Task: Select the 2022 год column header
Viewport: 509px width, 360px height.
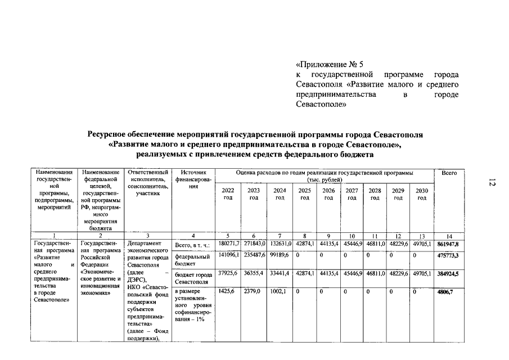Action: (x=228, y=194)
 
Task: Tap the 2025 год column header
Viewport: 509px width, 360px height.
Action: (x=304, y=194)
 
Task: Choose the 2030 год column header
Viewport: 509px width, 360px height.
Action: (x=421, y=194)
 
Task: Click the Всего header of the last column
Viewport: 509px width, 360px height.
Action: (x=449, y=173)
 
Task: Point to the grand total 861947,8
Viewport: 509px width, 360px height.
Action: (x=448, y=245)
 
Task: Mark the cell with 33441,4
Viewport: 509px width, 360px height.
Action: (x=280, y=273)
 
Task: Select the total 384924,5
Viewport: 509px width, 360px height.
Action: (x=448, y=274)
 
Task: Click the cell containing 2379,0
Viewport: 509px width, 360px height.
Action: (x=253, y=292)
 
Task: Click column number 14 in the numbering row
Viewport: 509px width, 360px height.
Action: (x=449, y=236)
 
